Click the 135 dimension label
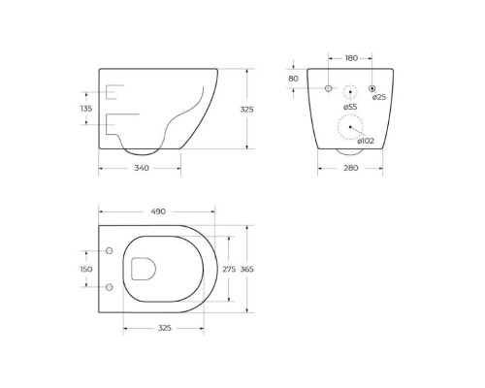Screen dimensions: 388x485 (x=85, y=110)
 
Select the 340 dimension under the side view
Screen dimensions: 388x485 (x=140, y=169)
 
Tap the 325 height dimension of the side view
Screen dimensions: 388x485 (x=247, y=111)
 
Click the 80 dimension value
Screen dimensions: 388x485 (x=293, y=79)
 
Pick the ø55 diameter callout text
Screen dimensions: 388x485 (x=349, y=107)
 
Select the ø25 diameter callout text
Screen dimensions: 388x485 (x=379, y=98)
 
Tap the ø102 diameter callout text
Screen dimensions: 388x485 (x=367, y=141)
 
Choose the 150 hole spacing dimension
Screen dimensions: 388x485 (x=85, y=269)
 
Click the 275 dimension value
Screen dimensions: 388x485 (x=229, y=269)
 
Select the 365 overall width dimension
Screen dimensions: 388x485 (x=247, y=269)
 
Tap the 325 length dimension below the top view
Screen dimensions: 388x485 (x=164, y=329)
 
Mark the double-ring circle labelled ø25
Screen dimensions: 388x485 (x=372, y=88)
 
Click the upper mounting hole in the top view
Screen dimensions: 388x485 (x=109, y=251)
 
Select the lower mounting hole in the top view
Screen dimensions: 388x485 (x=109, y=286)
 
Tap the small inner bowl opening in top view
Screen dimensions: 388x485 (x=142, y=269)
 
